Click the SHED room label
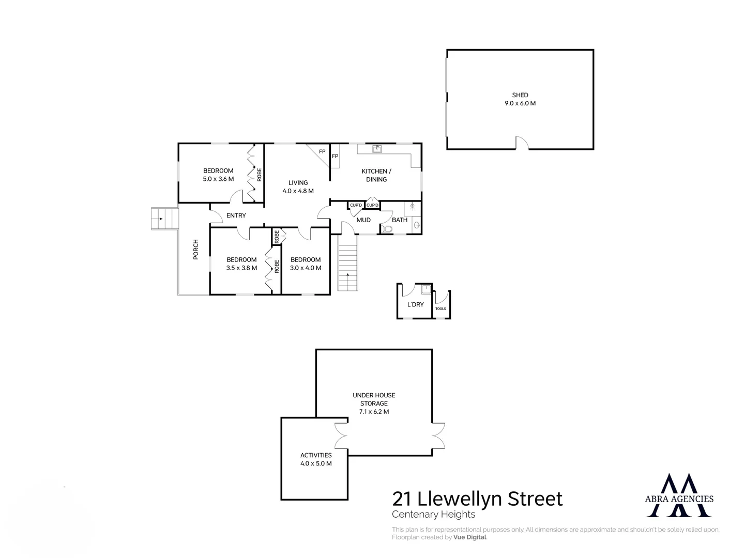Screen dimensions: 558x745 [520, 95]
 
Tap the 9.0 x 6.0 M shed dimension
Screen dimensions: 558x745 [520, 103]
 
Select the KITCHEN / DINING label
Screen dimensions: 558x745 [376, 175]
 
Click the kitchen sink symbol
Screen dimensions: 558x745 [377, 149]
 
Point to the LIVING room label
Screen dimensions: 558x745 [298, 183]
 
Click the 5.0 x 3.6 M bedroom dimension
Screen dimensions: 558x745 [218, 179]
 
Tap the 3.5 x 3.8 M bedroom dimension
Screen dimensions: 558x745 [241, 268]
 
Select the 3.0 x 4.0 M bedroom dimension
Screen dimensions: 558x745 [306, 268]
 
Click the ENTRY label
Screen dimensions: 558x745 [236, 215]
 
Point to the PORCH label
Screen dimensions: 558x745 [196, 250]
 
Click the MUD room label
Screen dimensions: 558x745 [363, 220]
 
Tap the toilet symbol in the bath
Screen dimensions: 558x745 [387, 229]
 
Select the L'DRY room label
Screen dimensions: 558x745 [416, 305]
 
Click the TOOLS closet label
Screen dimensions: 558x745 [440, 309]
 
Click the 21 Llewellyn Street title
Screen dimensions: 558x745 [477, 499]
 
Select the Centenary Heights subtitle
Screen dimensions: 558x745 [433, 515]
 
